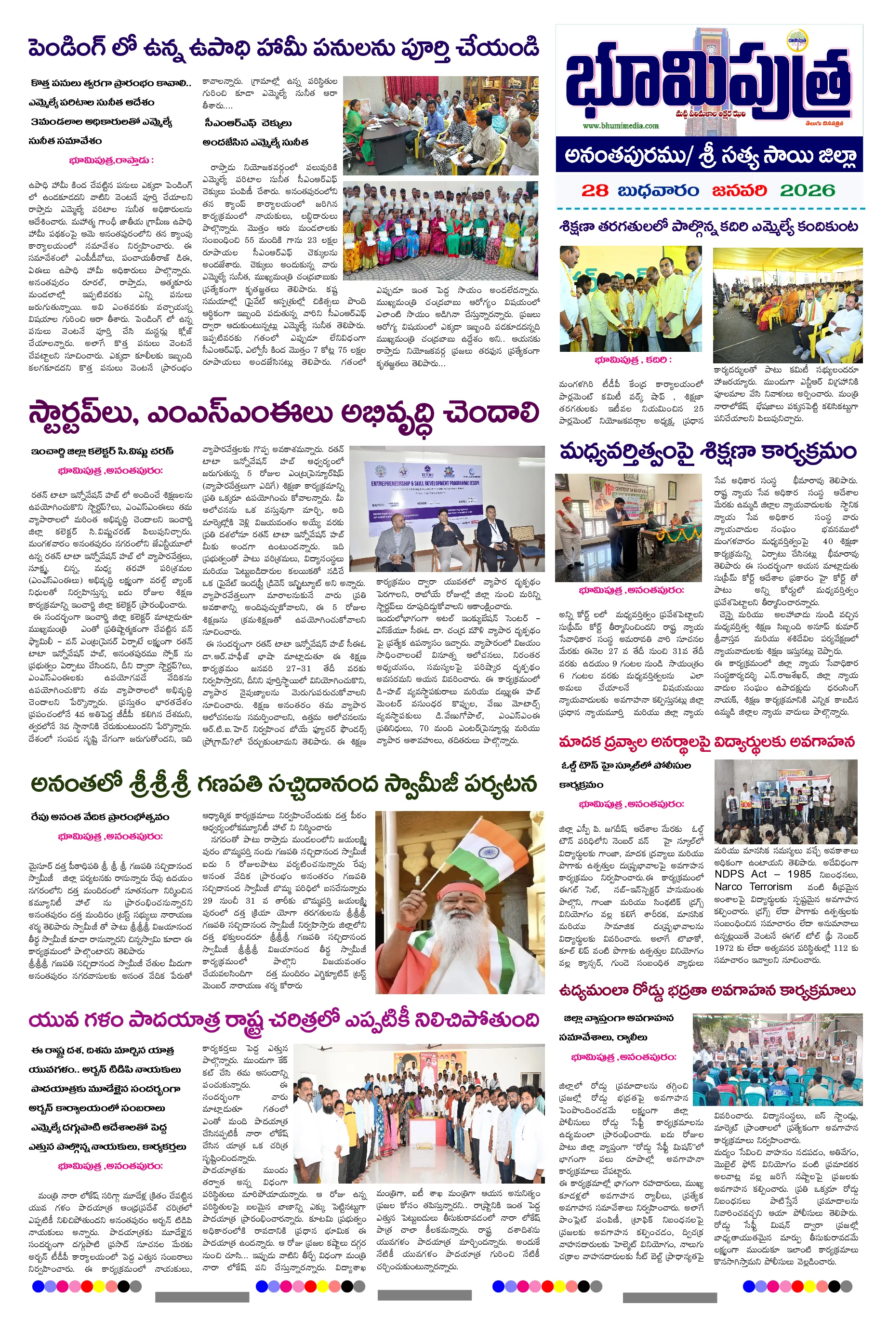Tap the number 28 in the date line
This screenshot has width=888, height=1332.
tap(594, 190)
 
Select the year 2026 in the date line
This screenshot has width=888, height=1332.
tap(807, 190)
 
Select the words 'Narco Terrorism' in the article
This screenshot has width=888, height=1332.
tap(753, 886)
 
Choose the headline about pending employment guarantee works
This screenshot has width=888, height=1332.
tap(283, 48)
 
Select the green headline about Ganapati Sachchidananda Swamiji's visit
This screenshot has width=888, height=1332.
tap(283, 785)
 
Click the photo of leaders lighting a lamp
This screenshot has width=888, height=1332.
tap(630, 299)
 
